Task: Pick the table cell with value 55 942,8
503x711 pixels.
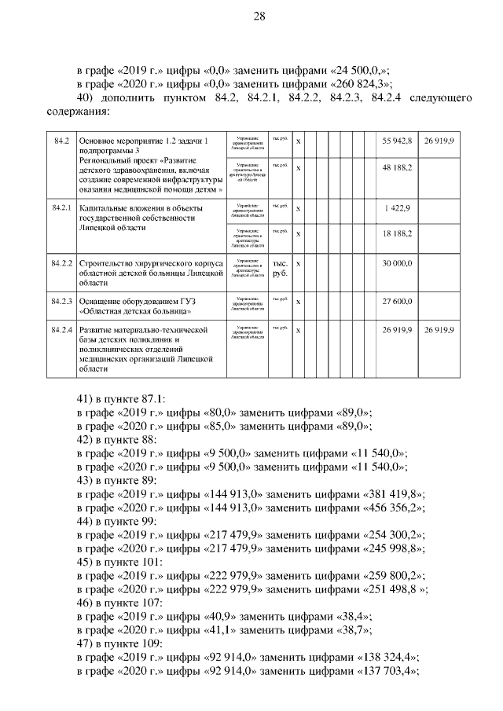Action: coord(397,140)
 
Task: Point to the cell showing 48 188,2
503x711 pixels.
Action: coord(397,168)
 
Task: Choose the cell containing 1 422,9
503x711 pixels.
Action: coord(397,208)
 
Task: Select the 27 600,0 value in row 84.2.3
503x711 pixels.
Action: coord(397,301)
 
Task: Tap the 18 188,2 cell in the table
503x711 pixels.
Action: coord(397,234)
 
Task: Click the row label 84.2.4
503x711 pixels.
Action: coord(61,330)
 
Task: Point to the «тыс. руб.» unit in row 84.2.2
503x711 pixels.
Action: coord(280,268)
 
